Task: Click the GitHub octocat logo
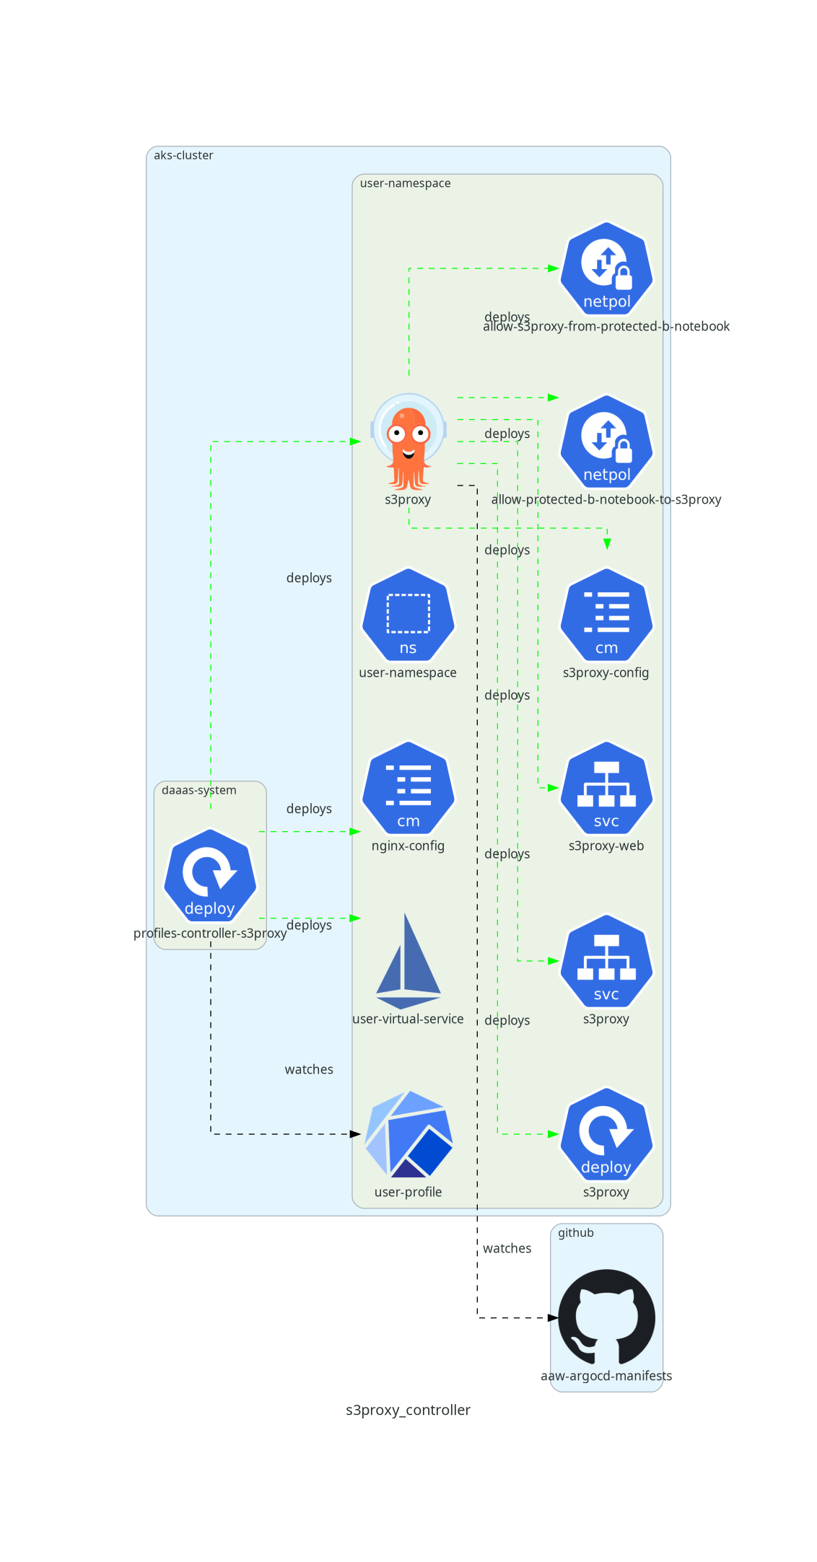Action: (606, 1317)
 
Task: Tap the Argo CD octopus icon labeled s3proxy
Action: (408, 441)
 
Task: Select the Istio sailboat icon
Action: (408, 961)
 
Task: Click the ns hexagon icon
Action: (408, 615)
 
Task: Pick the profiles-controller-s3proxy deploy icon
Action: (210, 874)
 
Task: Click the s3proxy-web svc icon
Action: (606, 788)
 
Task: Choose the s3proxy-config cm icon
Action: (606, 615)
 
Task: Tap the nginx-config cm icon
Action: (408, 788)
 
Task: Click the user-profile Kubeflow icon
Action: (408, 1133)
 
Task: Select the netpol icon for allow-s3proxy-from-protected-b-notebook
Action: (606, 268)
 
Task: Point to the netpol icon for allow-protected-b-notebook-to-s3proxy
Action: (606, 441)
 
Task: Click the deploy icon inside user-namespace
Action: (606, 1133)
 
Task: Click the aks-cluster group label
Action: (183, 155)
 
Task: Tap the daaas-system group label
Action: (198, 790)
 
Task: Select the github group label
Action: (575, 1233)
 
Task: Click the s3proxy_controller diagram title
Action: (408, 1410)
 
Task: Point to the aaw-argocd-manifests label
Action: (606, 1376)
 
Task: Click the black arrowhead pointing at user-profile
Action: (355, 1134)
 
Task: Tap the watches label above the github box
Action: (507, 1248)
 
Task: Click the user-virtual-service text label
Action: (408, 1019)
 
